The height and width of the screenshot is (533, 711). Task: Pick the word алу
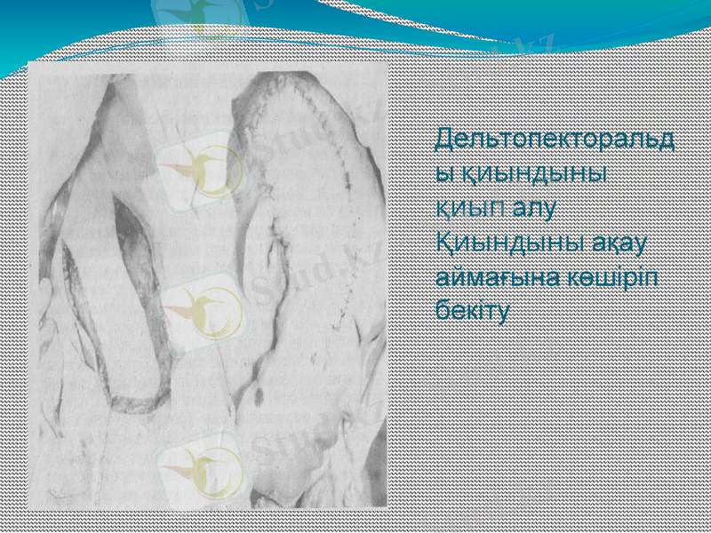point(537,208)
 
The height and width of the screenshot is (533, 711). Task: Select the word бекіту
point(472,310)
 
